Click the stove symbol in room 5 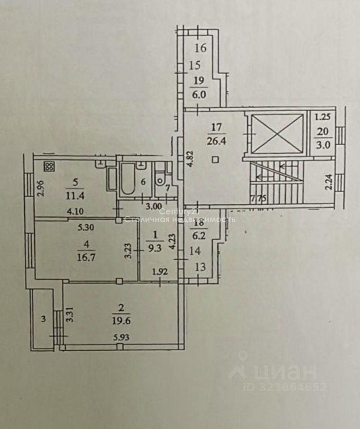click(49, 167)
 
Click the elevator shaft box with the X click(277, 134)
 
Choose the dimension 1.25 click(322, 118)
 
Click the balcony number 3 click(43, 319)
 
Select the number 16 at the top click(201, 47)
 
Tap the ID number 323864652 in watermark click(285, 387)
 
